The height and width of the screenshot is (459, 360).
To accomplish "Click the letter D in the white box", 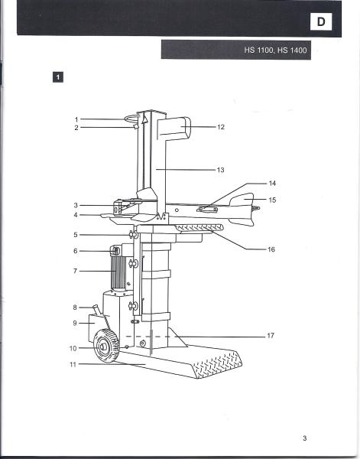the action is click(x=321, y=21).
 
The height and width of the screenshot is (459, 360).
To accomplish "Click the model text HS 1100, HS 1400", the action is click(x=275, y=50).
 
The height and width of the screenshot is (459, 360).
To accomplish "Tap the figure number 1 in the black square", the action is click(x=58, y=77).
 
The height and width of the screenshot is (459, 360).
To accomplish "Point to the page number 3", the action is click(x=305, y=438).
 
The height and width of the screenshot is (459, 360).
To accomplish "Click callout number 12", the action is click(x=221, y=127).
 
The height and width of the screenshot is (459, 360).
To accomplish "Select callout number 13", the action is click(x=220, y=170).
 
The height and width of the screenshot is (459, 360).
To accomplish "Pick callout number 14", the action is click(x=272, y=184).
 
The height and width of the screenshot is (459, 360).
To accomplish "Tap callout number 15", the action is click(x=272, y=200).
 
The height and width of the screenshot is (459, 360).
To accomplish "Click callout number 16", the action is click(x=271, y=249).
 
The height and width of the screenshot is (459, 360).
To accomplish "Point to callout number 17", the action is click(x=271, y=336).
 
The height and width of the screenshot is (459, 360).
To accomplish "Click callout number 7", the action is click(x=75, y=271).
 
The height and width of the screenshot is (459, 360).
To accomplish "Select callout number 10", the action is click(x=73, y=348).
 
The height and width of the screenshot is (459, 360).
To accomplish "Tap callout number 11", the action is click(x=73, y=364).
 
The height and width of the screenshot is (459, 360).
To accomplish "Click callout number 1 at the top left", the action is click(x=76, y=119).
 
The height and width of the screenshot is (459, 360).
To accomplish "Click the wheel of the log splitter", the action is click(x=106, y=346).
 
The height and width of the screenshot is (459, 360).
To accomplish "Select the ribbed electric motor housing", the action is click(x=118, y=271).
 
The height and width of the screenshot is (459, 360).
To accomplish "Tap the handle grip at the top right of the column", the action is click(x=174, y=128).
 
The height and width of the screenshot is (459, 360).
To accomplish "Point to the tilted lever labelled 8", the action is click(x=96, y=310).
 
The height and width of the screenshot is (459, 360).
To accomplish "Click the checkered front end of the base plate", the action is click(x=218, y=364).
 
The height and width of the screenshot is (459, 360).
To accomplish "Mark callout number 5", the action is click(x=76, y=235).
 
